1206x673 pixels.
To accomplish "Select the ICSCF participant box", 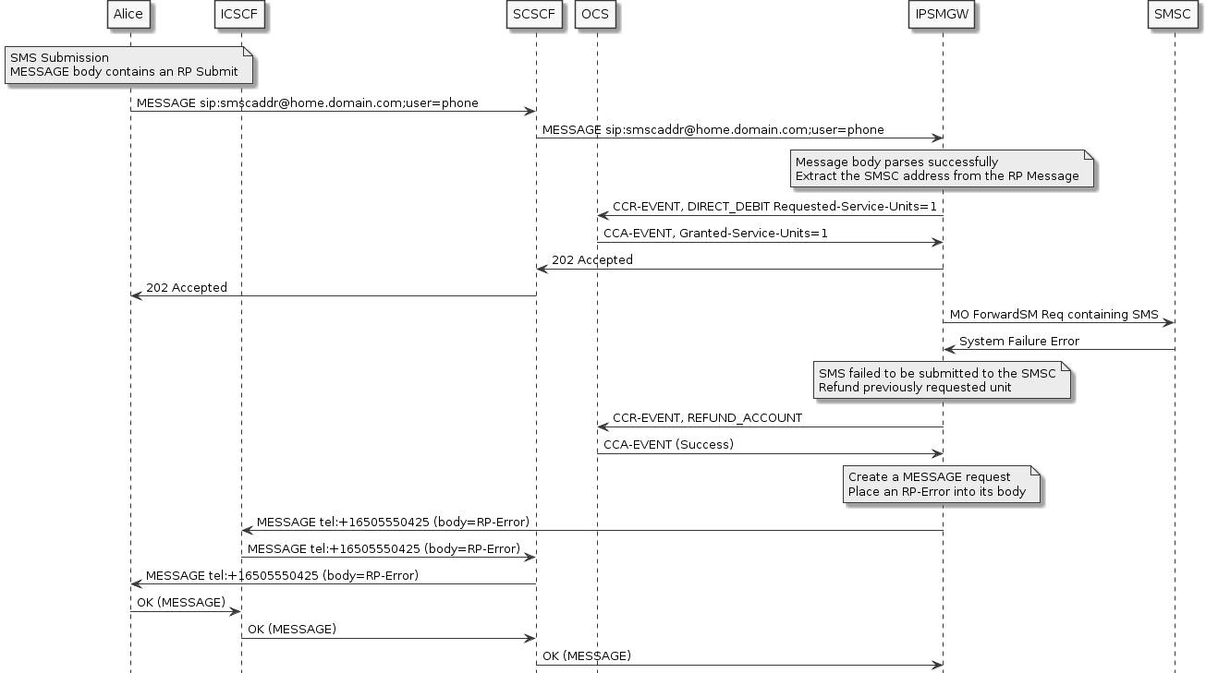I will pos(240,14).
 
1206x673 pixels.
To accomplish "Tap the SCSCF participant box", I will pos(535,14).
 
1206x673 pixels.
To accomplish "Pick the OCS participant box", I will pos(596,14).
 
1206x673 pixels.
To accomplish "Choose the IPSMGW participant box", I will pos(942,14).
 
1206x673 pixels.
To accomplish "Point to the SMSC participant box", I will pos(1174,14).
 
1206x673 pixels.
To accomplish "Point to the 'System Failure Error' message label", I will pos(1018,342).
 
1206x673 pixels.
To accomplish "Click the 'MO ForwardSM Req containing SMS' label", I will pos(1054,315).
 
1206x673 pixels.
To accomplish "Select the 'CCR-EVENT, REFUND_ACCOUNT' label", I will pos(707,418).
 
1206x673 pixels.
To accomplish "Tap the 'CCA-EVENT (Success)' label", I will pos(668,445).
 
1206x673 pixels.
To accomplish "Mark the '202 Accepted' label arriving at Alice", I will pos(186,288).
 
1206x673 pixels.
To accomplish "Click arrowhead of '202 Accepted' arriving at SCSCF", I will pos(542,270).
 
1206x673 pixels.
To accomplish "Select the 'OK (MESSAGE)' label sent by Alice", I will pos(180,603).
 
